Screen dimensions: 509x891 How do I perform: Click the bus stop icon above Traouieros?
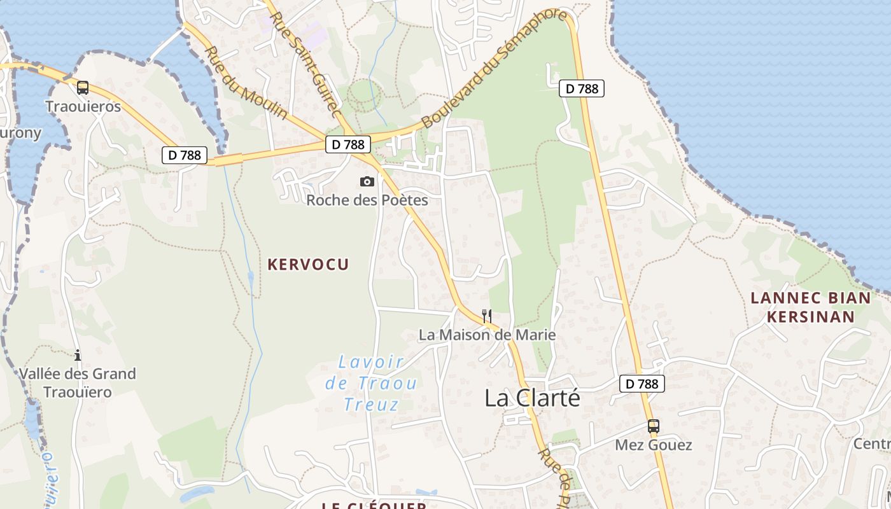pos(83,88)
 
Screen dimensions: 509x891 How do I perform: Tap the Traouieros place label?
pos(83,106)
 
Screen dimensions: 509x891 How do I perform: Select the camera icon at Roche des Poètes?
pos(367,182)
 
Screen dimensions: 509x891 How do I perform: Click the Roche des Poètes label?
pos(367,200)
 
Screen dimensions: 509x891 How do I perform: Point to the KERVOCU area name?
pos(309,265)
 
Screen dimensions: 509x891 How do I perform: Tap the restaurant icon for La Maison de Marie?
pos(487,316)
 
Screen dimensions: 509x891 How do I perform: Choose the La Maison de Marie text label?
pos(487,335)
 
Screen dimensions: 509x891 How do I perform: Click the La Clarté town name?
pos(533,398)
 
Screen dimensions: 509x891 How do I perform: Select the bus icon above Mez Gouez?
pos(654,426)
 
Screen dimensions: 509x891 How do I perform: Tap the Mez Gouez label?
pos(654,445)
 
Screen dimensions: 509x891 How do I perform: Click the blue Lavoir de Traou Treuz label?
pos(372,383)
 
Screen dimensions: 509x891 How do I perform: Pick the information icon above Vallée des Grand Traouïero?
pos(78,355)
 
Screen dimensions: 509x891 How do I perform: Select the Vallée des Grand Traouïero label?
pos(78,382)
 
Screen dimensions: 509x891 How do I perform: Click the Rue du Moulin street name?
pos(246,82)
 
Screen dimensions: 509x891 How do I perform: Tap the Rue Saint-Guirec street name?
pos(302,64)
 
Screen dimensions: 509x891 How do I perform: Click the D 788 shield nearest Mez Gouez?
pos(642,384)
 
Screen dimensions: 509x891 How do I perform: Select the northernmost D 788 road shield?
pos(582,88)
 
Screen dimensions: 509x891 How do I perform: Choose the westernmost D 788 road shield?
pos(185,155)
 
